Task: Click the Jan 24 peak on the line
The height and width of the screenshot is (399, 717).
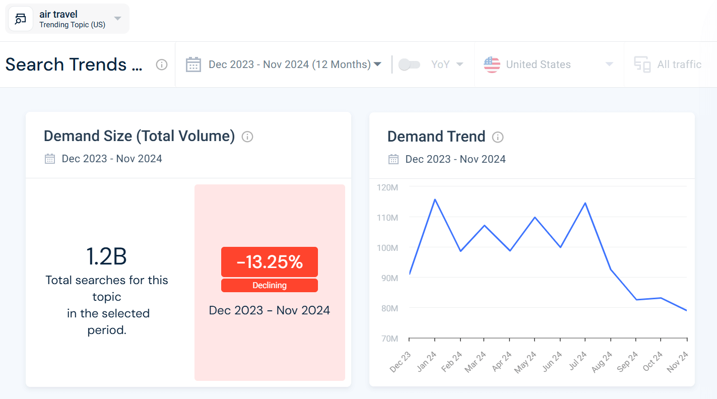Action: tap(434, 199)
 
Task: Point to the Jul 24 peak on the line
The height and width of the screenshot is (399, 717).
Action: tap(585, 203)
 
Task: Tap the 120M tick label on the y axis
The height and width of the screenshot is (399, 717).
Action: tap(387, 187)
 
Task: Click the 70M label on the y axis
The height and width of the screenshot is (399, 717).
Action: tap(387, 339)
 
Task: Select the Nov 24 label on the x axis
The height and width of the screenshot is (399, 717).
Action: tap(679, 362)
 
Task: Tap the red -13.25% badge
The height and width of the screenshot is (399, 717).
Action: tap(269, 262)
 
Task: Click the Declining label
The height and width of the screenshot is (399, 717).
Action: tap(269, 285)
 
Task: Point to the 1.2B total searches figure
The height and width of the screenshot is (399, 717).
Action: tap(106, 256)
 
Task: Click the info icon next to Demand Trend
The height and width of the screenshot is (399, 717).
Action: tap(498, 137)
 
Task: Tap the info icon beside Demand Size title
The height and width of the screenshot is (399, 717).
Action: tap(247, 137)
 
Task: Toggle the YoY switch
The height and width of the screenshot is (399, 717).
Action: tap(409, 64)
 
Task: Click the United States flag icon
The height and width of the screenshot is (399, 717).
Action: tap(492, 64)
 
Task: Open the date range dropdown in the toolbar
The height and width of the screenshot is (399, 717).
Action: tap(295, 64)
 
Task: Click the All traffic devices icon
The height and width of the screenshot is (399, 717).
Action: tap(642, 64)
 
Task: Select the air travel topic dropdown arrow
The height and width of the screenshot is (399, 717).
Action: tap(117, 19)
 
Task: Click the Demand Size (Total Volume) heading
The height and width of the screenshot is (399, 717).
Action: tap(139, 136)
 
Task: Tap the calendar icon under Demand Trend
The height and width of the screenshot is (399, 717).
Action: tap(394, 159)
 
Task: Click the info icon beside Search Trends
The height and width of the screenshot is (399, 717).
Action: tap(161, 64)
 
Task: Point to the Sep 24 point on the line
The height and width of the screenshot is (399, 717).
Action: tap(635, 300)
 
